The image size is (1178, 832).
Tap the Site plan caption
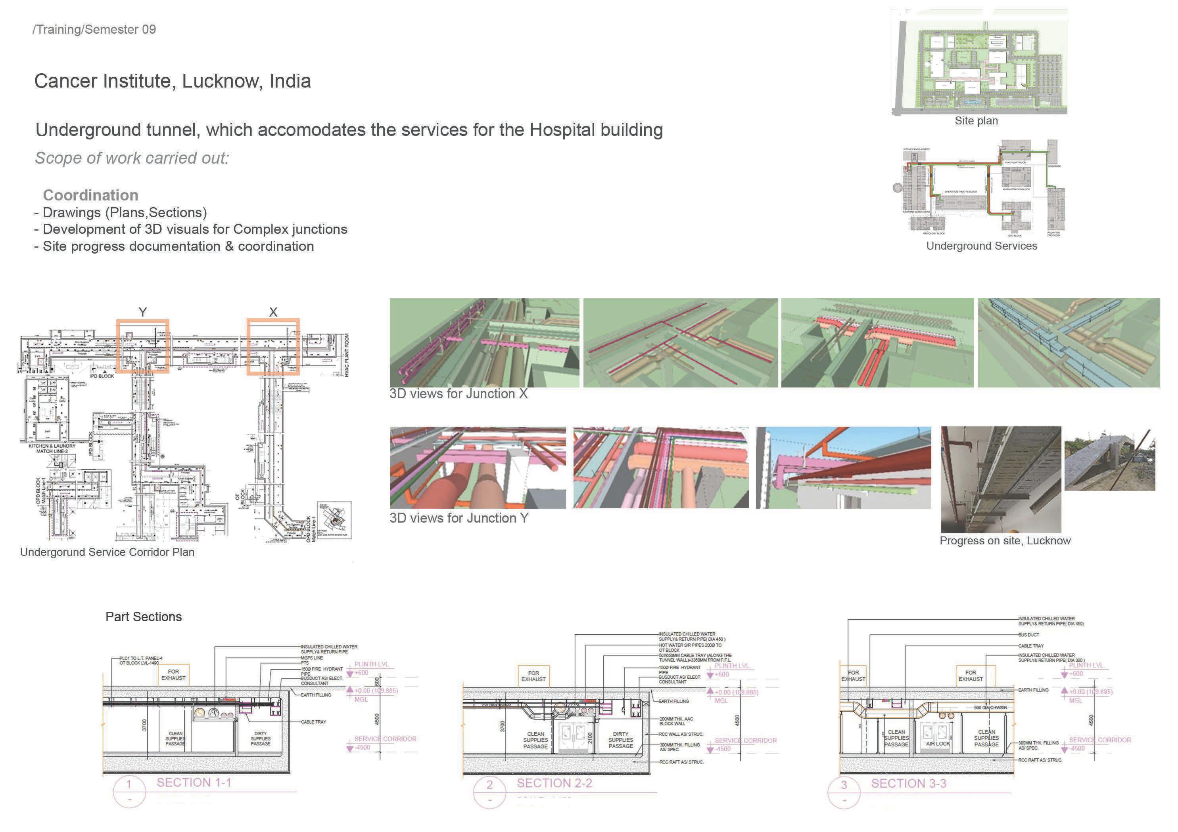tap(976, 121)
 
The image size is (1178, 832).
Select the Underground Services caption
tap(981, 246)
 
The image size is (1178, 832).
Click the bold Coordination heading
tap(91, 195)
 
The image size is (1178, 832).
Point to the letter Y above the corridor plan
tap(143, 312)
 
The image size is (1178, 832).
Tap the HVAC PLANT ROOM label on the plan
tap(347, 355)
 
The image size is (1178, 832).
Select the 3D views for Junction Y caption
tap(459, 518)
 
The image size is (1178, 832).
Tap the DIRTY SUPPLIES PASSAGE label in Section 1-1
tap(261, 739)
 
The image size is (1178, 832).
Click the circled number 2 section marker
tap(489, 785)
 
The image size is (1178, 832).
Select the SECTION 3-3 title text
tap(908, 783)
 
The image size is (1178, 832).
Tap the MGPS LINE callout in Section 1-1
tap(312, 658)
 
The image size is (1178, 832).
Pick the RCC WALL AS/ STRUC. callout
tap(681, 735)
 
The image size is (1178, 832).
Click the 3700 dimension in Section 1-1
tap(144, 725)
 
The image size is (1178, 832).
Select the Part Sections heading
tap(144, 617)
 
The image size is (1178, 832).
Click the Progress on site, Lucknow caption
tap(1005, 541)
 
